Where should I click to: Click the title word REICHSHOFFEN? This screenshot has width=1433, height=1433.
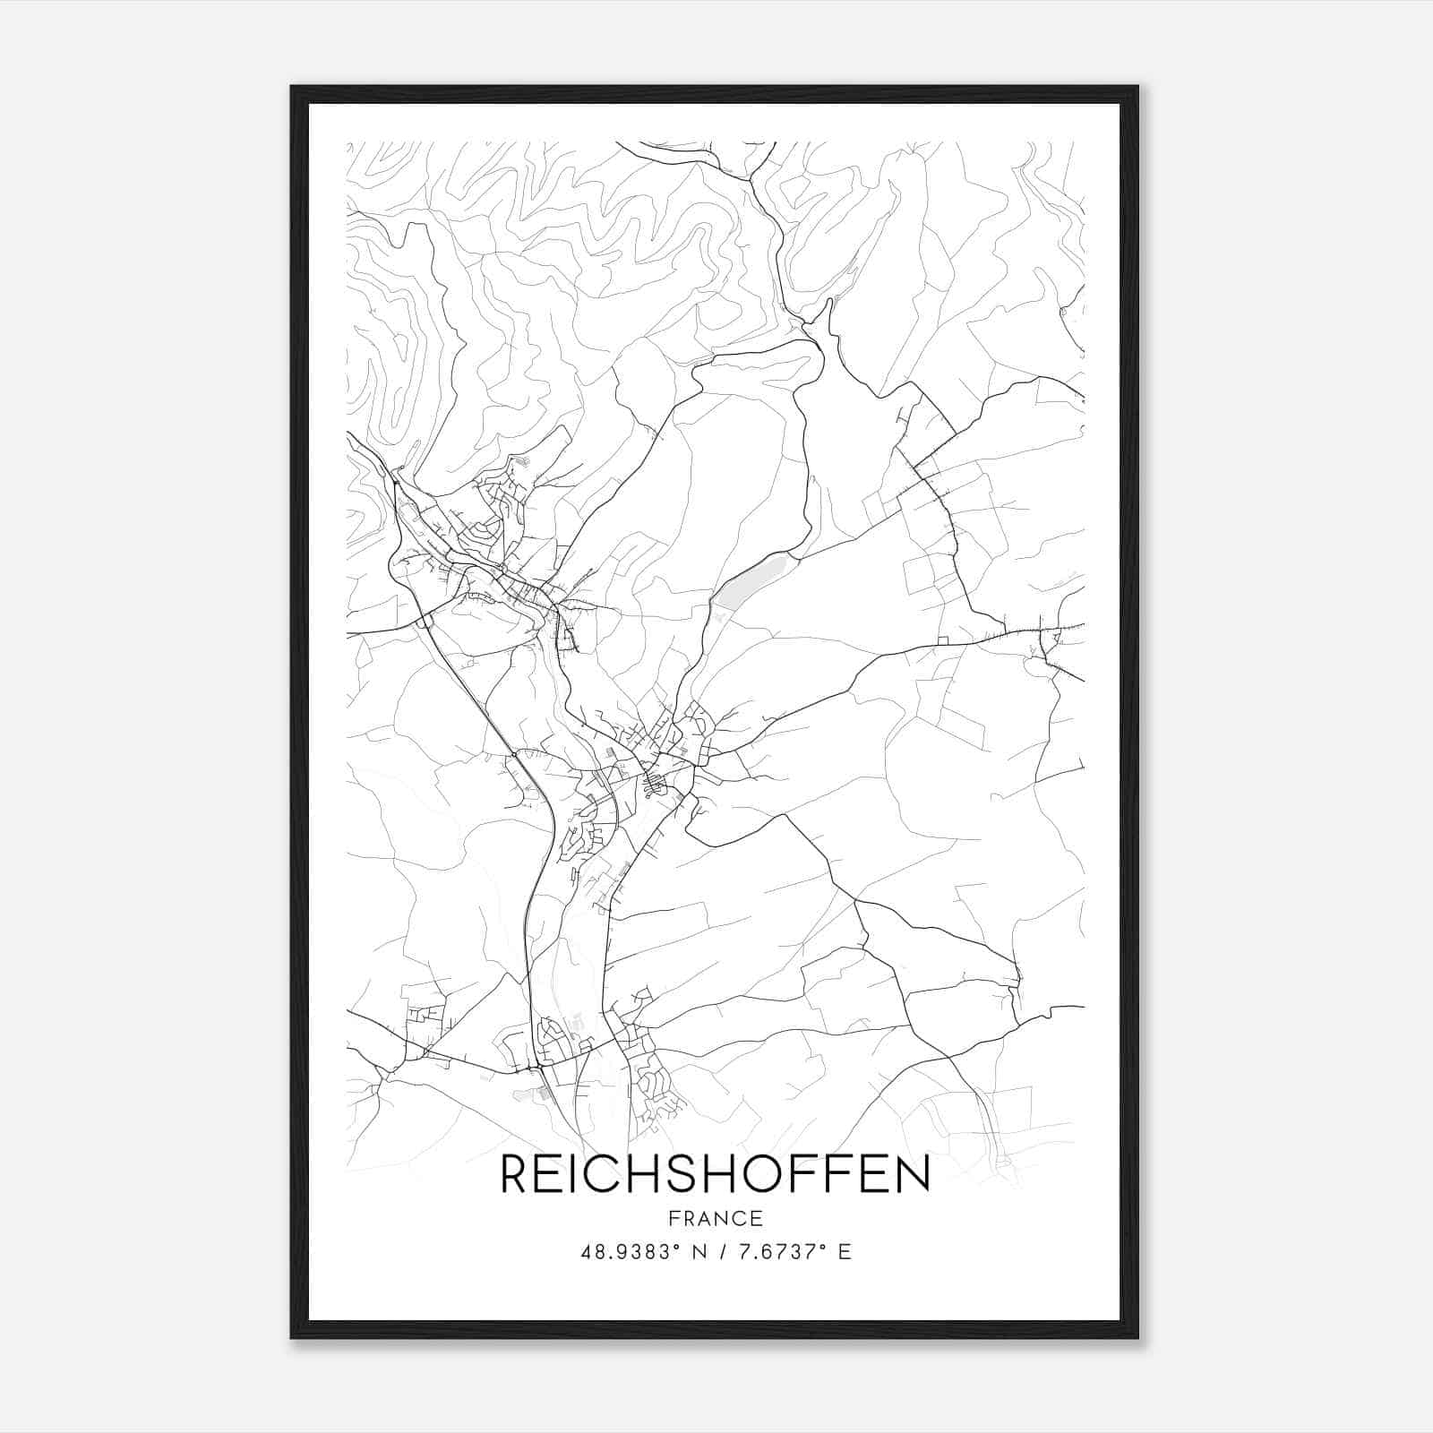pos(715,1174)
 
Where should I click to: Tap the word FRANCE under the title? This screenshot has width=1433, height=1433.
pos(715,1218)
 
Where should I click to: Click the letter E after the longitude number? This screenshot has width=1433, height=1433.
pos(845,1252)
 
